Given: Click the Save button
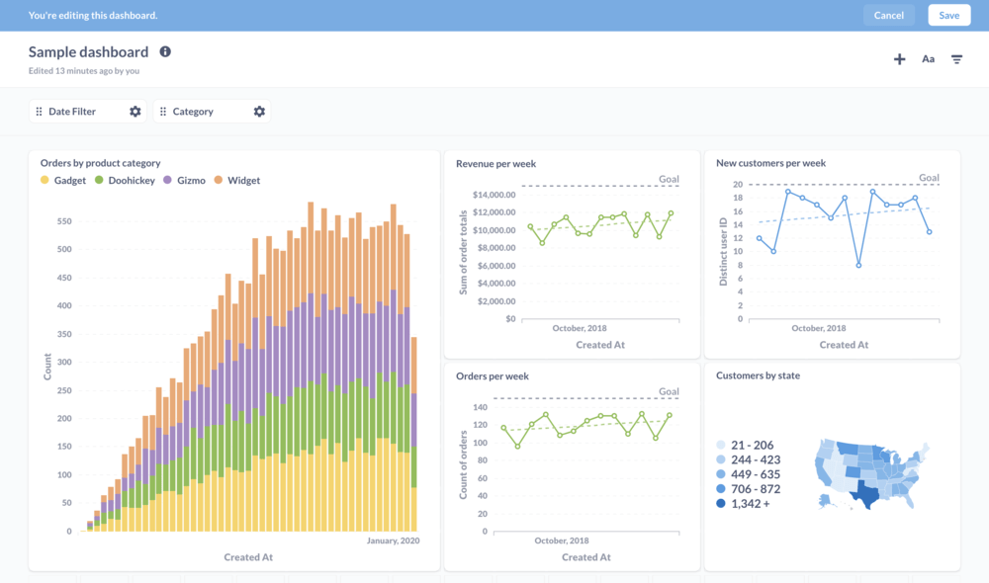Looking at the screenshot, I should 948,15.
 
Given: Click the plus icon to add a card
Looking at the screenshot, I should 899,59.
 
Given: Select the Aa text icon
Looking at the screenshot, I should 928,59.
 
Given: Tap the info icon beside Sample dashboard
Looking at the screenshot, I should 165,51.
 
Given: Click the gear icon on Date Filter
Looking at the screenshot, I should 135,112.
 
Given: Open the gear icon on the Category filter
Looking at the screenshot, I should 259,112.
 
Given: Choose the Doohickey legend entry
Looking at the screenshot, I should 125,181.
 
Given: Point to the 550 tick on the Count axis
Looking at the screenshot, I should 64,221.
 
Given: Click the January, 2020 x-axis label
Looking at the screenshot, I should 393,541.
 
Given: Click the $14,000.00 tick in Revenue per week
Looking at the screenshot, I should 494,195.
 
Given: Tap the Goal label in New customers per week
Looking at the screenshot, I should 929,179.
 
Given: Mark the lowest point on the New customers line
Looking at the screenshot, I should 858,265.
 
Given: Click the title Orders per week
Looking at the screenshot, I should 492,376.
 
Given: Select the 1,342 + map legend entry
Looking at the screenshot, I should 750,504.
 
